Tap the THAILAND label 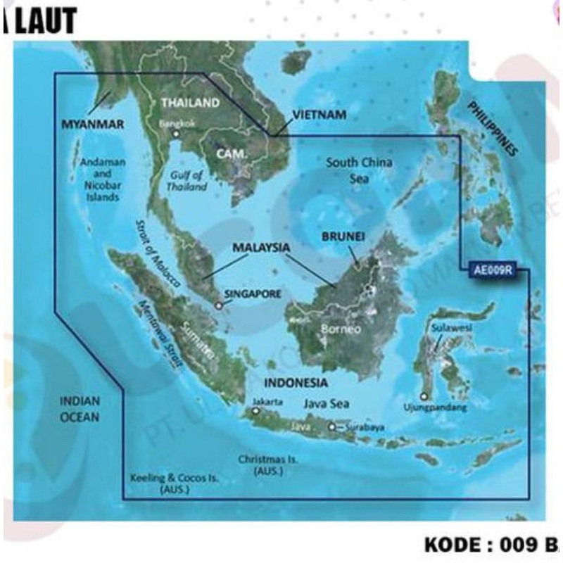click(190, 103)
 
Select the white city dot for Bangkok click(177, 133)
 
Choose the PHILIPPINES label click(493, 127)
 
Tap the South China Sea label click(359, 170)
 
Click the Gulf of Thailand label click(187, 181)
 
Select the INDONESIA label click(296, 383)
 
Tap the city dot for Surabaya click(331, 426)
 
